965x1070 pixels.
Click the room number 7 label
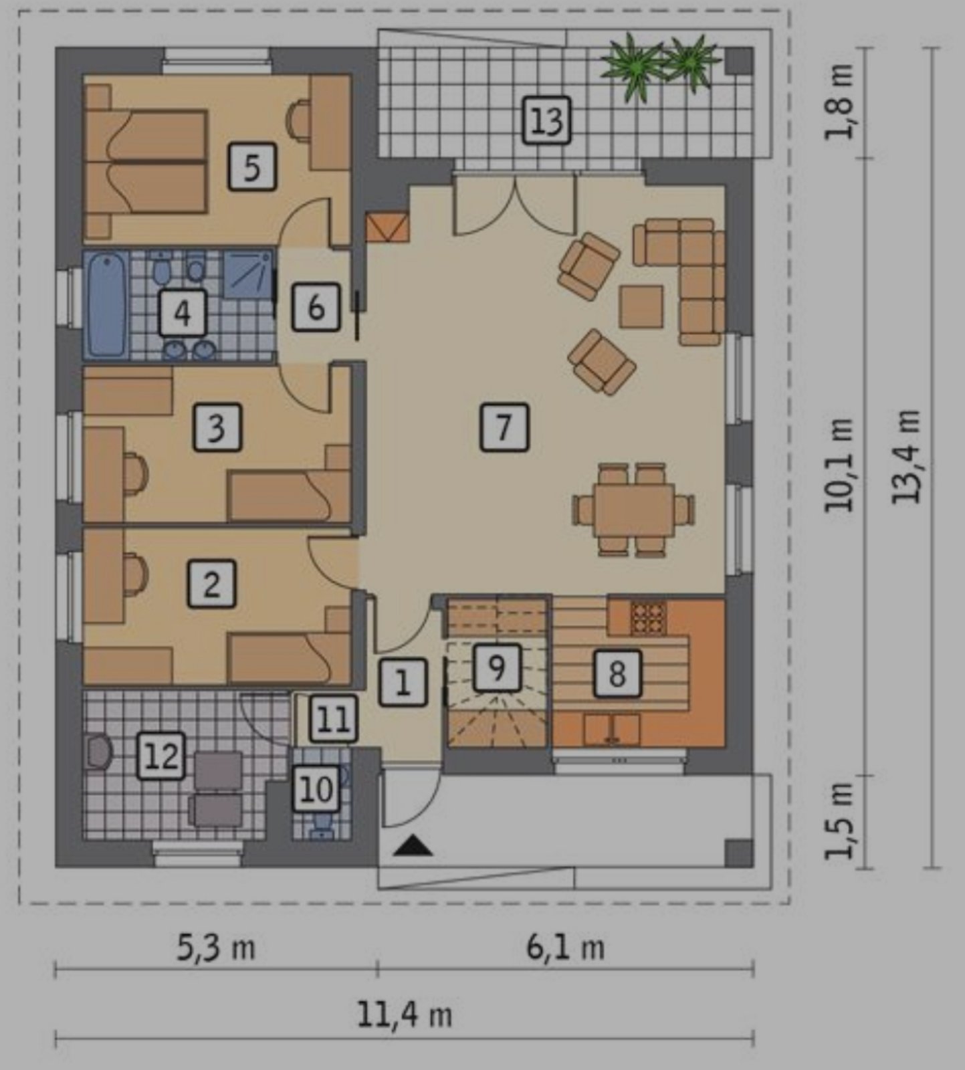(x=504, y=426)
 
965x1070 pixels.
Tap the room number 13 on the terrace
(x=546, y=120)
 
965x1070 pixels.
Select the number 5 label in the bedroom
(x=251, y=167)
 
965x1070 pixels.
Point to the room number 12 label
(x=161, y=756)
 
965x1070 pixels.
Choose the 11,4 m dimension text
(x=405, y=1014)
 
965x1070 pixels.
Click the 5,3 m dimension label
(x=216, y=948)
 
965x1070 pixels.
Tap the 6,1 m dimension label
(x=566, y=948)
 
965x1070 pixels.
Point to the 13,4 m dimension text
(x=907, y=457)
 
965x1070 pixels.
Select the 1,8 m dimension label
(x=839, y=102)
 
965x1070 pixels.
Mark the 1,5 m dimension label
(x=839, y=821)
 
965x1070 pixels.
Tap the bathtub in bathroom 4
(x=106, y=305)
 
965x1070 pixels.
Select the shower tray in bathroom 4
(x=248, y=274)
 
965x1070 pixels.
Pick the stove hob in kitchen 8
(x=649, y=619)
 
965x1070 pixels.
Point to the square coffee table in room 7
(x=641, y=306)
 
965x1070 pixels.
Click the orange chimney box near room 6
(x=387, y=227)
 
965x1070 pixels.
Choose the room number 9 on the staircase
(x=496, y=667)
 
